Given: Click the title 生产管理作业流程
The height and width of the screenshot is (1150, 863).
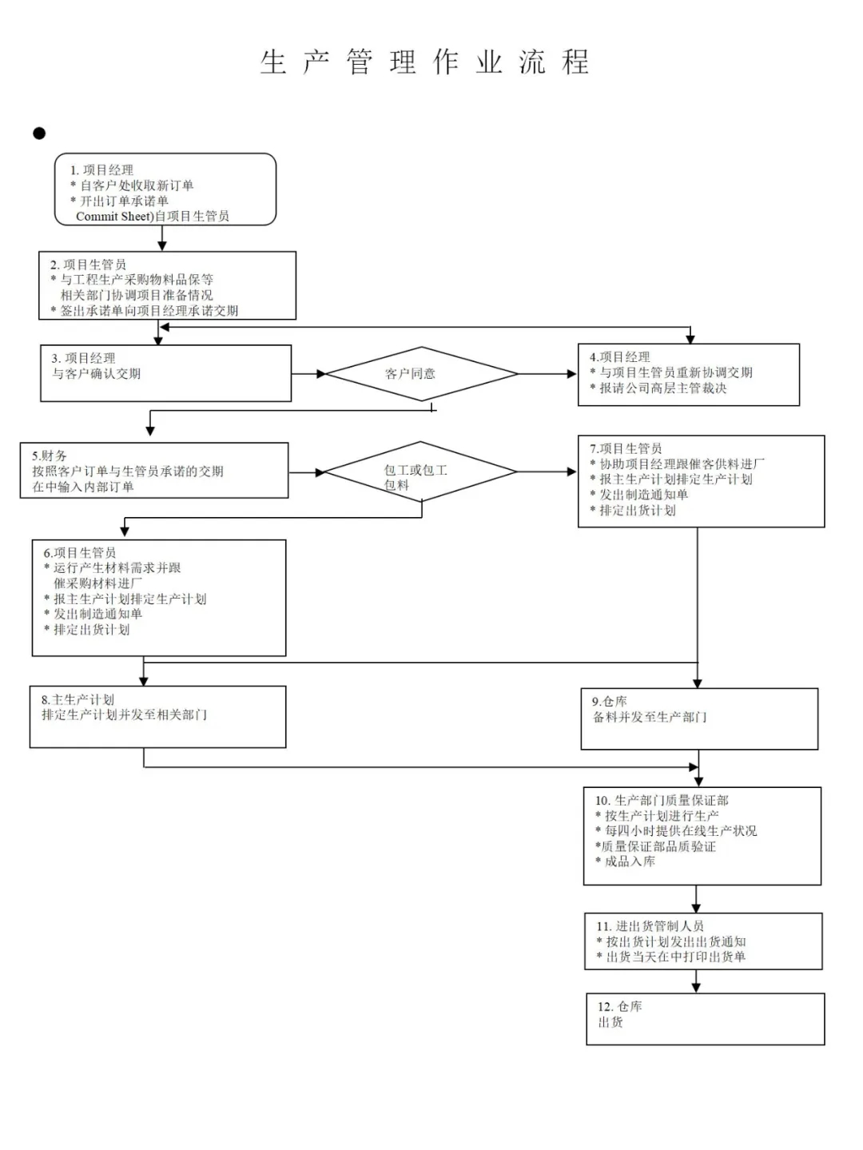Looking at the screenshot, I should [424, 62].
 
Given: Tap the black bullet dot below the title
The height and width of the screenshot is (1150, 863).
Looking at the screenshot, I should [39, 133].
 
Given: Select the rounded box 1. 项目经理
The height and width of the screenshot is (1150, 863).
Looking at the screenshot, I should [165, 189].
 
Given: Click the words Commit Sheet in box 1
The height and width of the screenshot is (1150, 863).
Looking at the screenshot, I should [114, 217].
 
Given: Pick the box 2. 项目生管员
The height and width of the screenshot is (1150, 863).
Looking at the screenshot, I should [167, 286].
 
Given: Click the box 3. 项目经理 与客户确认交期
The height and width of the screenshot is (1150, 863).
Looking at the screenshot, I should [166, 373].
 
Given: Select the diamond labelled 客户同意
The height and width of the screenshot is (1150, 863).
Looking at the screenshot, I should [421, 373].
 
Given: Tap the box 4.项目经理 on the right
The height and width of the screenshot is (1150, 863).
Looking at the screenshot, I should [688, 374].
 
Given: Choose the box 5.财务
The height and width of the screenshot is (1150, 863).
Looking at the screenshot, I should [154, 471].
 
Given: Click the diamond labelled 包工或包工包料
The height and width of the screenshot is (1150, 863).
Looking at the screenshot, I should [421, 472].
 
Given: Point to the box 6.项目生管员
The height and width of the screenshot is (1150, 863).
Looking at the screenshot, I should [159, 598].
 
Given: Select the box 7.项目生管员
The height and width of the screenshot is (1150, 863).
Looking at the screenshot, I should [701, 481].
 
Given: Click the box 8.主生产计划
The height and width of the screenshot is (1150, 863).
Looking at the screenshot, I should [157, 718].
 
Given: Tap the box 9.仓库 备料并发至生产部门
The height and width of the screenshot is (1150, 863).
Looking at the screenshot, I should [699, 718].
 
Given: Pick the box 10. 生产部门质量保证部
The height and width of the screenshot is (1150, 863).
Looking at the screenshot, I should [702, 836].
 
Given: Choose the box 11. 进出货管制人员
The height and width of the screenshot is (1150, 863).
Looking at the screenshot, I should [703, 941].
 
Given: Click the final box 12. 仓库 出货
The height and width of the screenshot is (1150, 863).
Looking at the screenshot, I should [705, 1019].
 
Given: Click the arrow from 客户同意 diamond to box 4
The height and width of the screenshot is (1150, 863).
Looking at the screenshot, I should [547, 373].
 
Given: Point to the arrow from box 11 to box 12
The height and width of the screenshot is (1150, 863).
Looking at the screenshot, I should [696, 981].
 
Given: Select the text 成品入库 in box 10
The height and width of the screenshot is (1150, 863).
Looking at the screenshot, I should [630, 862].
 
